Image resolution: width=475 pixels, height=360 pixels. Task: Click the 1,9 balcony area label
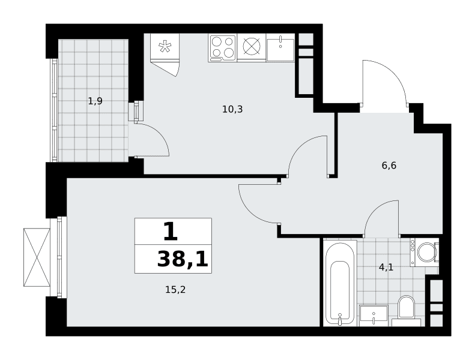[95, 101]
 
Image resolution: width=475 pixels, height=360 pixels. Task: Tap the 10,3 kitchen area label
[232, 109]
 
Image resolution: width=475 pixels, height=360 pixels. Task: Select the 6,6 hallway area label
[389, 166]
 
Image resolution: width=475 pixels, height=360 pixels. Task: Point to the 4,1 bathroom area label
[386, 268]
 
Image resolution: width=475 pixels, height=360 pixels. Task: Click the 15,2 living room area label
[175, 290]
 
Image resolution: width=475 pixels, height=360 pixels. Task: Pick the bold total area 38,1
[183, 260]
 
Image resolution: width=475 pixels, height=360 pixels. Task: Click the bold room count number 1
[171, 232]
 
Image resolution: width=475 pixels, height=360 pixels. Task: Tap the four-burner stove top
[223, 47]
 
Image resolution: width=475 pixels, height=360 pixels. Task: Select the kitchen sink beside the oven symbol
[280, 47]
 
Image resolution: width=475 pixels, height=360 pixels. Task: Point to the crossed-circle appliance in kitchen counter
[252, 47]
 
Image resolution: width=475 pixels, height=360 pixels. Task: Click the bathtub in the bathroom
[340, 283]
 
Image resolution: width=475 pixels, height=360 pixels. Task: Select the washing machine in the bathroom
[425, 252]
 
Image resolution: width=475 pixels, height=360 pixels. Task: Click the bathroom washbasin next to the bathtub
[374, 316]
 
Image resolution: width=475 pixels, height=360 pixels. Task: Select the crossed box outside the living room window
[37, 257]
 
